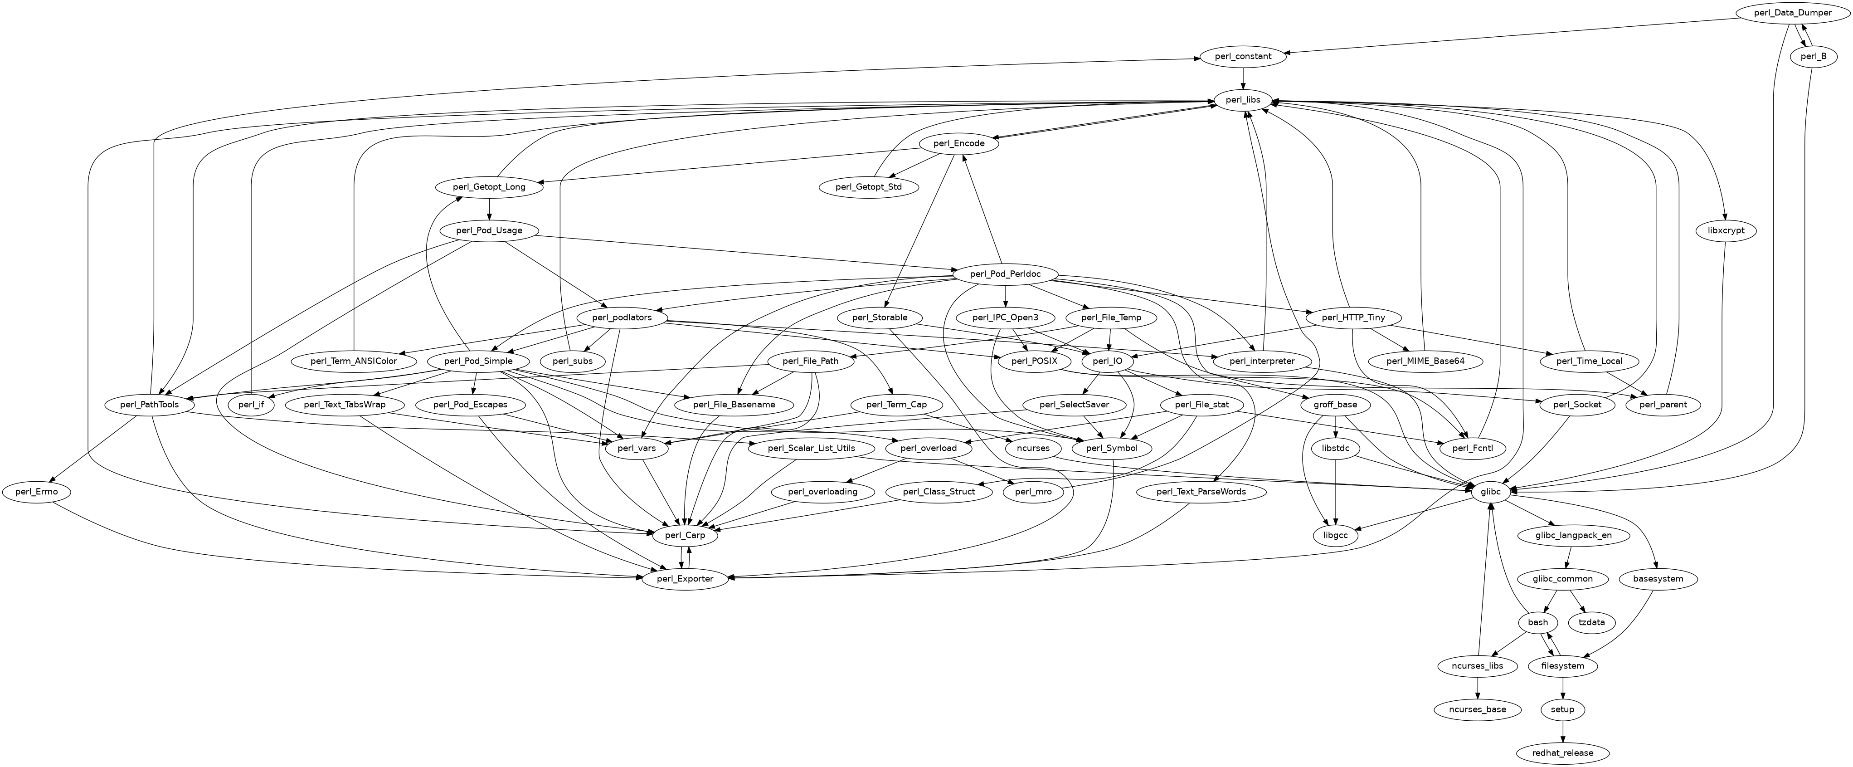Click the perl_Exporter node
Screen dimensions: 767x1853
click(685, 578)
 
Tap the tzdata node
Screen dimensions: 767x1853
click(1591, 622)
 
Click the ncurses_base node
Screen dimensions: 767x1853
click(1477, 709)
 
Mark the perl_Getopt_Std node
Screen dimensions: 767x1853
click(870, 187)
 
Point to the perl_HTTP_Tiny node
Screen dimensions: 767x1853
click(1353, 318)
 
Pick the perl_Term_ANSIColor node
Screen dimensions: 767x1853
click(353, 361)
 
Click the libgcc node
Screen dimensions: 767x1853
click(1336, 535)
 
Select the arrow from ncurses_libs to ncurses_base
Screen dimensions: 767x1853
click(1477, 688)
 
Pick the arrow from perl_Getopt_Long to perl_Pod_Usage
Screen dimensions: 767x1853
click(489, 209)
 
